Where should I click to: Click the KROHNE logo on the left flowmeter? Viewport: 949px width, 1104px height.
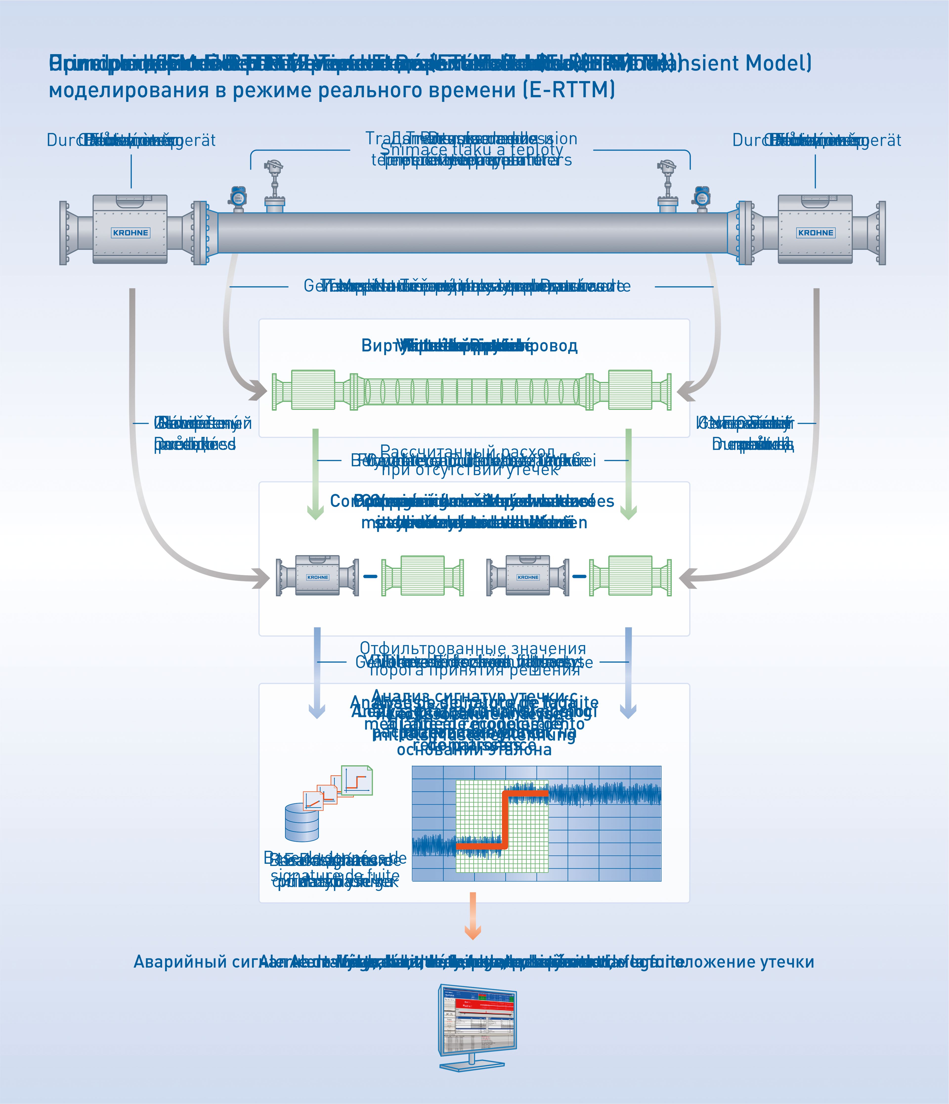[x=130, y=233]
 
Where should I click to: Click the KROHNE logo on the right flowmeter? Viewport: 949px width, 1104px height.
[x=815, y=233]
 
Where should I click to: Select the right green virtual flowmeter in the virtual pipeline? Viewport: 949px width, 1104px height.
[x=630, y=390]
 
